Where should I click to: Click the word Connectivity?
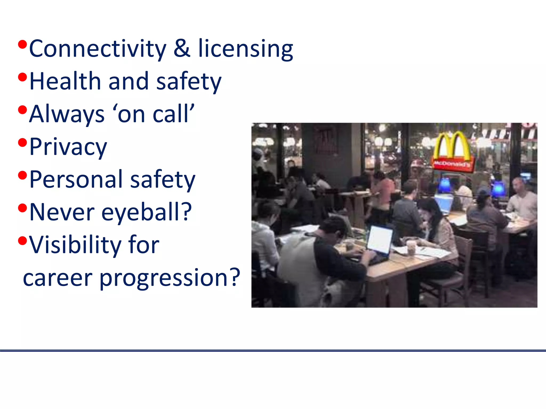pyautogui.click(x=98, y=49)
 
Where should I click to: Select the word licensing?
pyautogui.click(x=246, y=49)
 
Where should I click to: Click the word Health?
pyautogui.click(x=65, y=81)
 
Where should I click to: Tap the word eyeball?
pyautogui.click(x=146, y=212)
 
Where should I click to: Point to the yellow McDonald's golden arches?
pyautogui.click(x=451, y=145)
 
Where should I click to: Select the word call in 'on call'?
pyautogui.click(x=171, y=114)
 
